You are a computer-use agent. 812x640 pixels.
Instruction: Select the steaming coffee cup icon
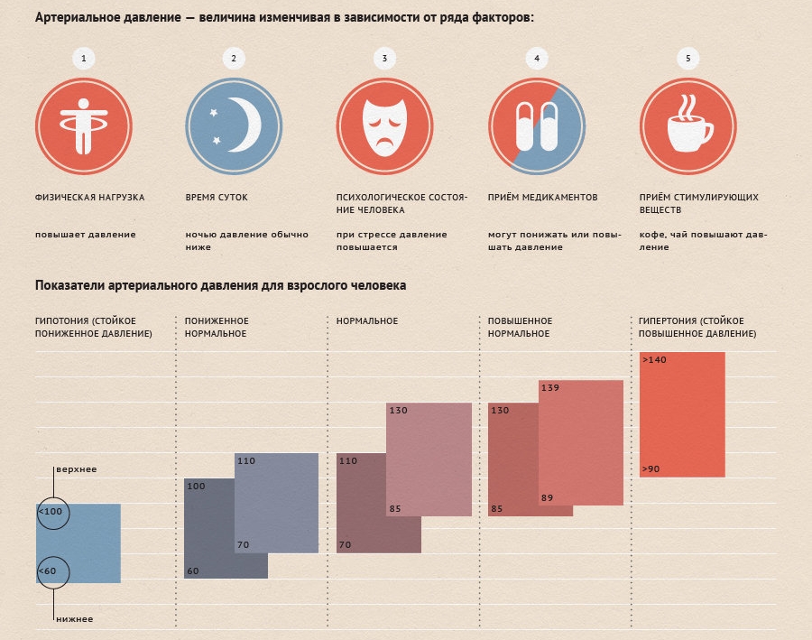click(x=688, y=127)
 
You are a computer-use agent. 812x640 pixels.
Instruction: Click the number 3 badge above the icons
click(x=385, y=59)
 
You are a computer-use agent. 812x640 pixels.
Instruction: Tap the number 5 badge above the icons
click(x=688, y=59)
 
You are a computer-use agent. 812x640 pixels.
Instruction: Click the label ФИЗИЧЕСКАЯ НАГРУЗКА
click(x=89, y=197)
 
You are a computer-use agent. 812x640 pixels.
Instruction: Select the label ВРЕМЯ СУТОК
click(x=217, y=197)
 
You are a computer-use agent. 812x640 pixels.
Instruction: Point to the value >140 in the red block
click(x=654, y=360)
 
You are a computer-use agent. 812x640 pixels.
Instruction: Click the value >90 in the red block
click(x=652, y=469)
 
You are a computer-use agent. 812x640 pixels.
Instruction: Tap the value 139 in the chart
click(x=550, y=388)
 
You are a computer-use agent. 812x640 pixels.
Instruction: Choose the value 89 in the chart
click(x=548, y=497)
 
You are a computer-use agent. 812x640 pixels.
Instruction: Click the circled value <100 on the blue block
click(x=51, y=513)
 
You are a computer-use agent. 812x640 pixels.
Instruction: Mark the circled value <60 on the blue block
click(x=49, y=571)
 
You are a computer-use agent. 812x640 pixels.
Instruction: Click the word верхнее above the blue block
click(x=76, y=469)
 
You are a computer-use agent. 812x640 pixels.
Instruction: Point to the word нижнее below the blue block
click(x=74, y=618)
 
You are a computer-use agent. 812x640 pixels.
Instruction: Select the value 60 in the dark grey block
click(x=193, y=570)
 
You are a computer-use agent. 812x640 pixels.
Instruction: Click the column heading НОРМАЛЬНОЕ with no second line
click(x=367, y=321)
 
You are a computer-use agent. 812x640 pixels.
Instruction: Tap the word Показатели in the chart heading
click(x=69, y=285)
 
